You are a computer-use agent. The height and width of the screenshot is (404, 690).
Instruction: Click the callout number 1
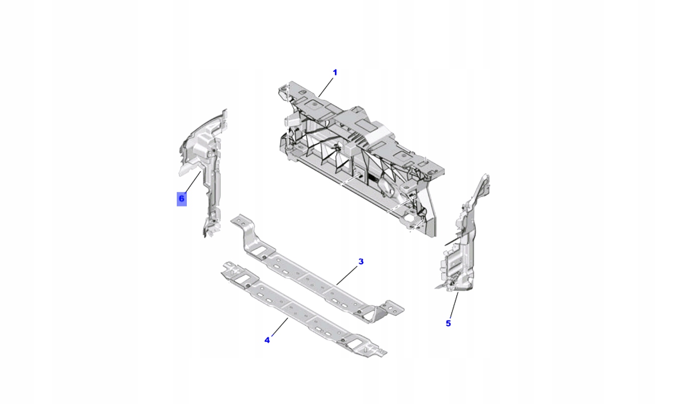click(335, 72)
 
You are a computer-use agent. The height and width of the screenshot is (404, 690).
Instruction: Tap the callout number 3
click(361, 261)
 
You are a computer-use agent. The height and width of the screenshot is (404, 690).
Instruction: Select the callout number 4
click(267, 340)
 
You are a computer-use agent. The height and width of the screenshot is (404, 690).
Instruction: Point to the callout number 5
click(448, 323)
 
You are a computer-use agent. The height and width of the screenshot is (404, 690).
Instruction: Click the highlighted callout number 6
click(181, 199)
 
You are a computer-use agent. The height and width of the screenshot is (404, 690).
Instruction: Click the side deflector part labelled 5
click(465, 241)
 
